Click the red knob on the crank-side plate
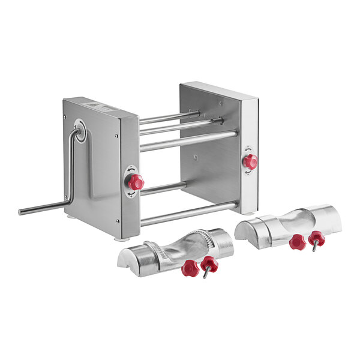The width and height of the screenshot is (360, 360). (137, 182)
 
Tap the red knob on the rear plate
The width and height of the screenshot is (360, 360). (250, 161)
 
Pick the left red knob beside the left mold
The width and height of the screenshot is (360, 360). (190, 268)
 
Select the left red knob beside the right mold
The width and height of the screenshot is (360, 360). (297, 241)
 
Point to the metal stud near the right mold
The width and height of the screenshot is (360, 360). (314, 247)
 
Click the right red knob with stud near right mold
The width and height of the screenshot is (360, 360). (316, 239)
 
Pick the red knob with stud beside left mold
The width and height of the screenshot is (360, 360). (209, 263)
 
